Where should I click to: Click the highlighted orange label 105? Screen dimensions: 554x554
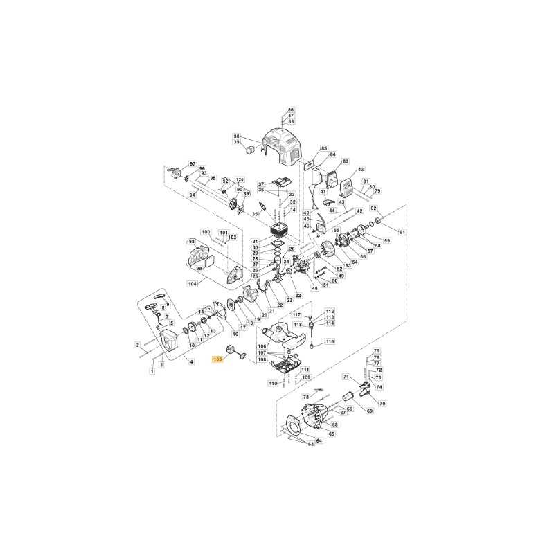[219, 359]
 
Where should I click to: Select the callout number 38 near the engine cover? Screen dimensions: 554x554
[237, 136]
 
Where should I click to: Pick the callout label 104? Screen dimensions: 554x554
[193, 284]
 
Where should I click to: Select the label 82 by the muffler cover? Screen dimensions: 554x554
[360, 170]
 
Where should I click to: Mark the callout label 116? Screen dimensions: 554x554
[330, 341]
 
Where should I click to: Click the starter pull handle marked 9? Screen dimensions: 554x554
[160, 294]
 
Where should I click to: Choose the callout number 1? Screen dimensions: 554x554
[152, 372]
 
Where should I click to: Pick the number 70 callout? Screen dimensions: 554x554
[382, 403]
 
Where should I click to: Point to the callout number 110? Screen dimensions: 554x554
[272, 383]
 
